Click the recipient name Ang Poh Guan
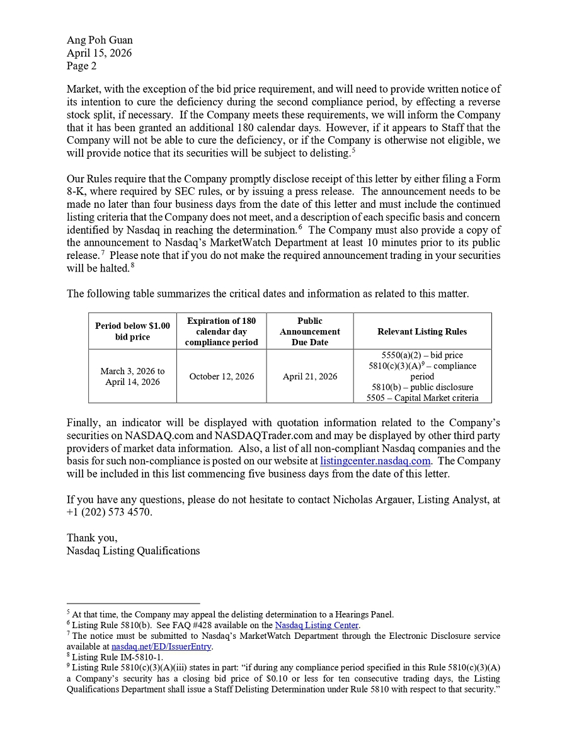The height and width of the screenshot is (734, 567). point(100,40)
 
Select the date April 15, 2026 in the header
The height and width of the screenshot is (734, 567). point(99,53)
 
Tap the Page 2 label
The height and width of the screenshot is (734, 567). point(82,66)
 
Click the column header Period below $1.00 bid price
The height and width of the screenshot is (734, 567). point(132,331)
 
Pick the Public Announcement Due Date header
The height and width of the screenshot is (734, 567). point(309,331)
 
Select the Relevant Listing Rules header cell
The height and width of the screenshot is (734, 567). point(422,331)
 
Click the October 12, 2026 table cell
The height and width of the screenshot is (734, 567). point(222,377)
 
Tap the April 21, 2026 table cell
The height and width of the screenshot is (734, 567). point(309,377)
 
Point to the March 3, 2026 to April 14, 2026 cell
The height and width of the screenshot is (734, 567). point(132,377)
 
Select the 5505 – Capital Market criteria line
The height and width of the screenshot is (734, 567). point(422,398)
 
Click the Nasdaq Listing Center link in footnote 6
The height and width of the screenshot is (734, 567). point(316,626)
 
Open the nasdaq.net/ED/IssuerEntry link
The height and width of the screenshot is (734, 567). point(162,646)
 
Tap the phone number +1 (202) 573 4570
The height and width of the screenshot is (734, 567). point(110,512)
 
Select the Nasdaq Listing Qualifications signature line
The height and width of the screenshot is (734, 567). point(133,551)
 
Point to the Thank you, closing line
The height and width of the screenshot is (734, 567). point(92,538)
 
